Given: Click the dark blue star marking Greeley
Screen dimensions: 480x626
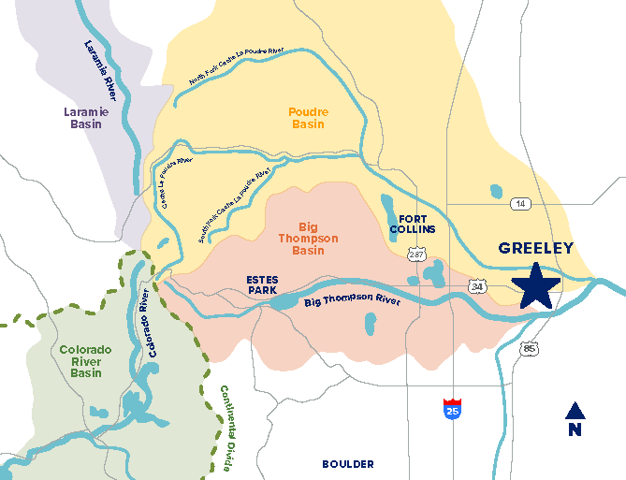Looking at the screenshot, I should (537, 286).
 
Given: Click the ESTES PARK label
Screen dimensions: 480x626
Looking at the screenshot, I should (263, 285).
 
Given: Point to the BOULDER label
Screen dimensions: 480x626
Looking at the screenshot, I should (347, 464).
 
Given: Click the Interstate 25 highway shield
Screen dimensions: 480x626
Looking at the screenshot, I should (452, 408).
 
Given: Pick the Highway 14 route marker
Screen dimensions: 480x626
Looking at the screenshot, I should (518, 203).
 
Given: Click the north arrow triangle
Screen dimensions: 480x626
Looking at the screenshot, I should (575, 411).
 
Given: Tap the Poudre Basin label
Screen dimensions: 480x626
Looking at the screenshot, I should (308, 118).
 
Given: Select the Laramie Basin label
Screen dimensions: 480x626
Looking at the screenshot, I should (86, 118).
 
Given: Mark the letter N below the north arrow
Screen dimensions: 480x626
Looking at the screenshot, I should (575, 430).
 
